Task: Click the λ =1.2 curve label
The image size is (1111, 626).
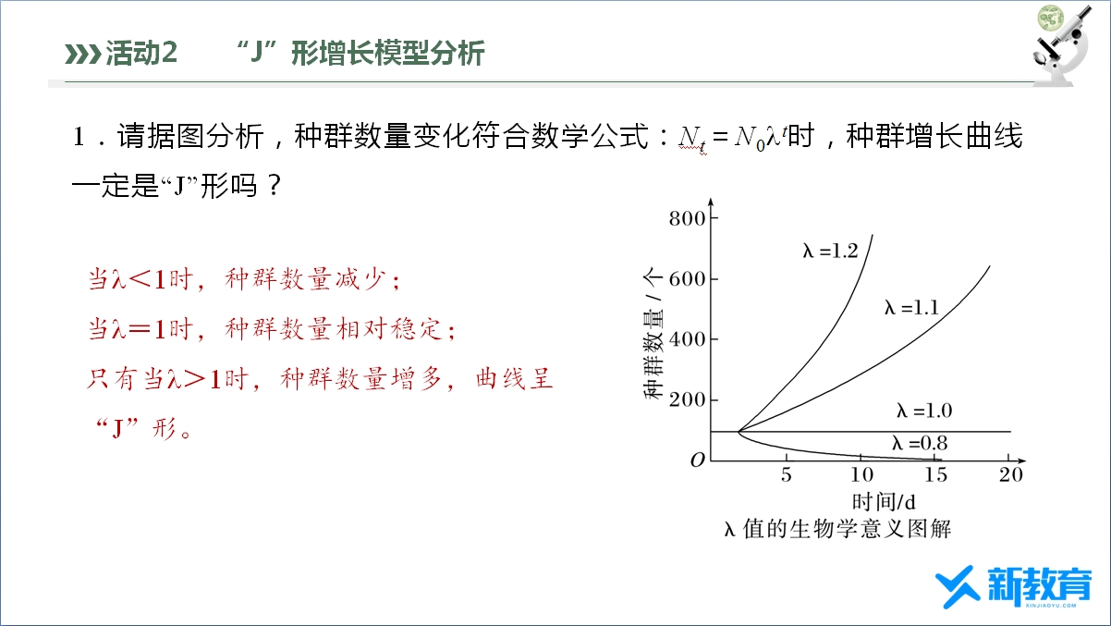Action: [x=830, y=251]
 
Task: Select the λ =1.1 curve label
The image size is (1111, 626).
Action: [x=911, y=308]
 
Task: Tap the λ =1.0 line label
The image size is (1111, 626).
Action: [x=924, y=411]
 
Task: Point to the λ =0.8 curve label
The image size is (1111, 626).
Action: [x=920, y=443]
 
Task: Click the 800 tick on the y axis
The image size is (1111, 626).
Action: [x=687, y=218]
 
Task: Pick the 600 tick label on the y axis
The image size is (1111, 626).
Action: [x=687, y=278]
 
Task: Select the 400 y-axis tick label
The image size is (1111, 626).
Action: [x=687, y=339]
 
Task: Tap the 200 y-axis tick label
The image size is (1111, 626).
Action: [x=687, y=399]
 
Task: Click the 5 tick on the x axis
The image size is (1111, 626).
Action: [x=787, y=474]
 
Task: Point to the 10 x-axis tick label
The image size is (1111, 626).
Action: [x=862, y=474]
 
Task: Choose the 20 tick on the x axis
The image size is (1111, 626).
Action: [x=1011, y=474]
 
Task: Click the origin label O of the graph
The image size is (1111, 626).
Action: [x=697, y=460]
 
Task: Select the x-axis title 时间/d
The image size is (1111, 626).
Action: [x=884, y=502]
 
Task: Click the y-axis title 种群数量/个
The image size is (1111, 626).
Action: [x=653, y=333]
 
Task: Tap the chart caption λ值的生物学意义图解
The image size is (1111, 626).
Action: [x=837, y=529]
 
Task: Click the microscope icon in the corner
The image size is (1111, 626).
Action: [x=1062, y=45]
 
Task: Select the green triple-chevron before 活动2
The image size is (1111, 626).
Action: [x=83, y=54]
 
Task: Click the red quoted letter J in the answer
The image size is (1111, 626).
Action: [x=117, y=428]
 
